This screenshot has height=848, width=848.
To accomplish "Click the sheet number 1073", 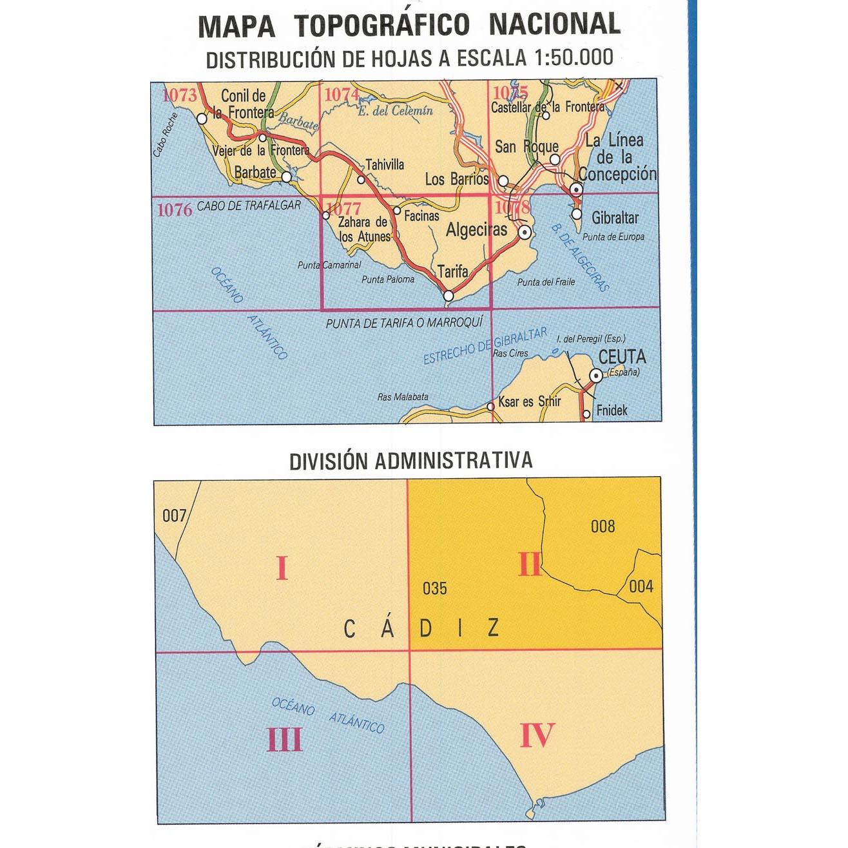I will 179,96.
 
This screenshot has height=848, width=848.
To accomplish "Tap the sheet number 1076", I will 175,209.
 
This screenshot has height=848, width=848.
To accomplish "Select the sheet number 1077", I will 344,208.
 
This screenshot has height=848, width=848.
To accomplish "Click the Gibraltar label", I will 615,218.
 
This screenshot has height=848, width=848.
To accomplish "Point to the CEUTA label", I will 622,356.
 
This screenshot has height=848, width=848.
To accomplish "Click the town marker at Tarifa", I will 449,296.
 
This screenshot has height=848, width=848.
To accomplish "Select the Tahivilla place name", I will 385,165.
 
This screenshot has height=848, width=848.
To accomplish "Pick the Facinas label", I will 421,217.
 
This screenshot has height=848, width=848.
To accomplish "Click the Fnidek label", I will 612,410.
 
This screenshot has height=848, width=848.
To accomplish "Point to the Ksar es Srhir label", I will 530,401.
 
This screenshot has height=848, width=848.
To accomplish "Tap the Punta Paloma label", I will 388,280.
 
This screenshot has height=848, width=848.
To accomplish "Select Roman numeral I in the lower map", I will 282,569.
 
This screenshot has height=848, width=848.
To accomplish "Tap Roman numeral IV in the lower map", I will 537,735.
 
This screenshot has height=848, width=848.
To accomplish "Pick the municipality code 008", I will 602,526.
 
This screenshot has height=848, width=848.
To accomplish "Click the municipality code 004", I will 641,586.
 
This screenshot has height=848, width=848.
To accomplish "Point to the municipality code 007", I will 174,516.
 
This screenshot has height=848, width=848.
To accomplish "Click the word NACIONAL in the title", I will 554,24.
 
